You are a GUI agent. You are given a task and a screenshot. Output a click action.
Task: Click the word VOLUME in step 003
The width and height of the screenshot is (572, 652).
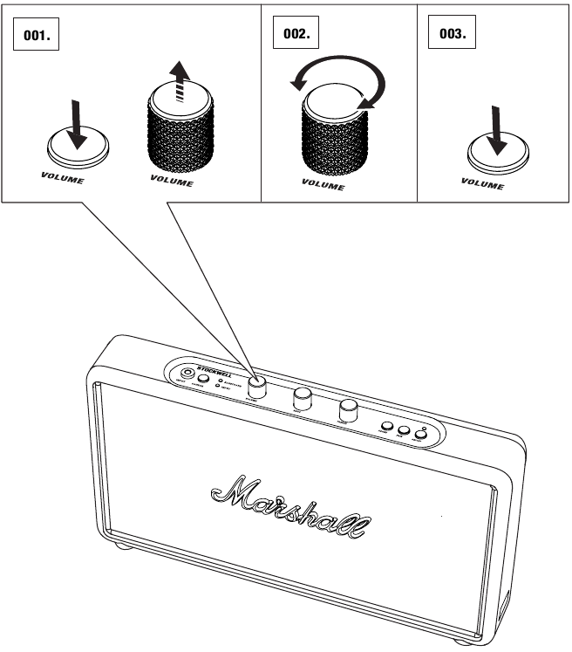[x=482, y=184]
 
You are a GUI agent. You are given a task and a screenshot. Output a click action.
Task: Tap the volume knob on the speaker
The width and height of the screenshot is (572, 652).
[x=257, y=386]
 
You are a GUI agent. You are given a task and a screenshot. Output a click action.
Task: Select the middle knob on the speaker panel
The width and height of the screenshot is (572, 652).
[x=303, y=399]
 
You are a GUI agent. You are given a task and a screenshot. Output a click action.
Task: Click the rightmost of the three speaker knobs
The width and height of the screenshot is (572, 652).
[x=350, y=408]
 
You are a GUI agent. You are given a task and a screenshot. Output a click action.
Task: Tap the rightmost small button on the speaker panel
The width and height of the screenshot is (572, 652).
[x=420, y=434]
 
